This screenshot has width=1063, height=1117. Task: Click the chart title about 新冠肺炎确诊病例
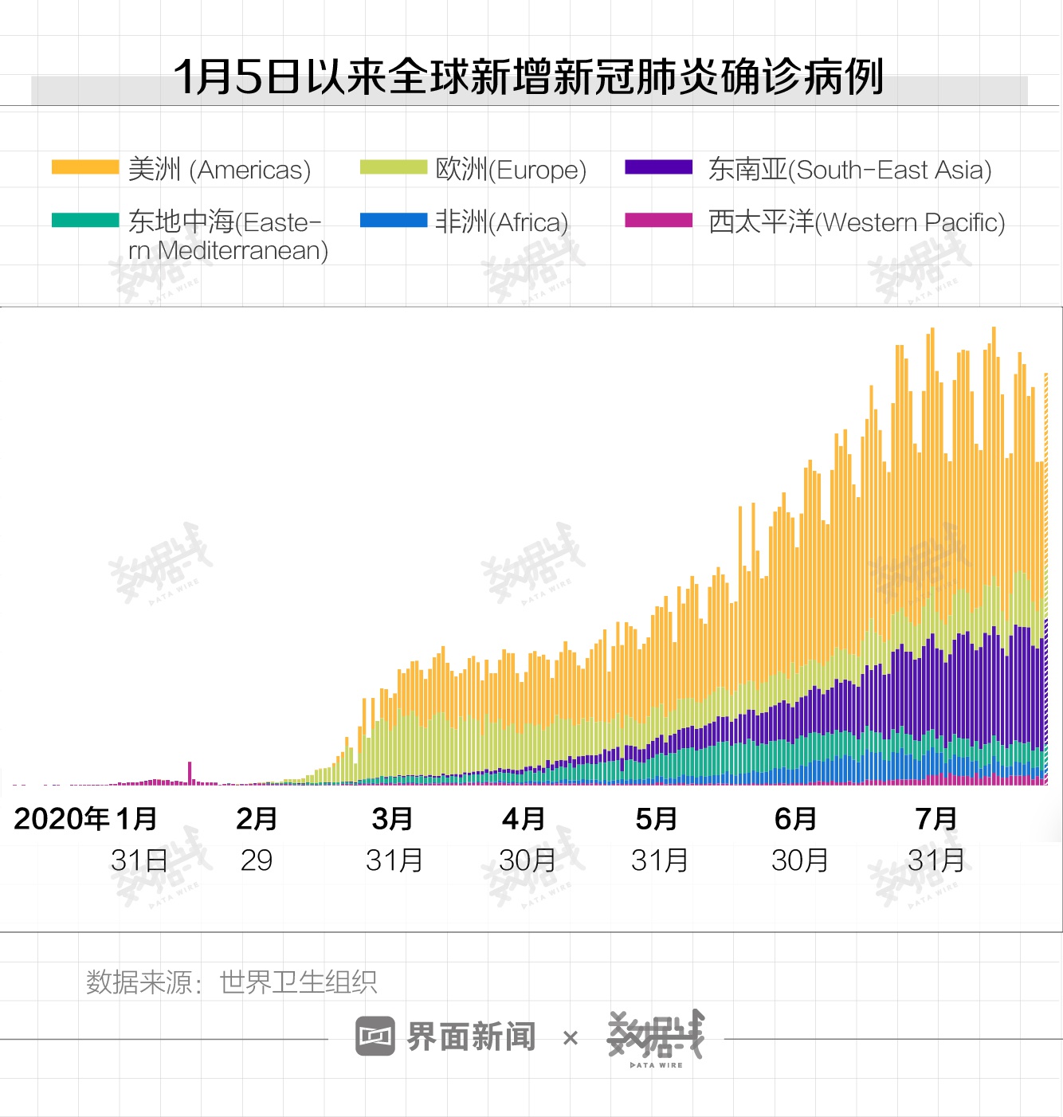point(528,77)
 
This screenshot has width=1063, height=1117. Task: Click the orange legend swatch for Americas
point(84,167)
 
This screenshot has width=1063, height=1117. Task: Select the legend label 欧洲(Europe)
point(511,170)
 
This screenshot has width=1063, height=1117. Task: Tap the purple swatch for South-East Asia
point(658,167)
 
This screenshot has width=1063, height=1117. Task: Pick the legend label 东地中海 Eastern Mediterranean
point(228,236)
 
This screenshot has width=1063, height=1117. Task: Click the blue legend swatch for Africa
point(393,221)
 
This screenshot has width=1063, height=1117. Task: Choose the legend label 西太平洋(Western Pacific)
point(857,222)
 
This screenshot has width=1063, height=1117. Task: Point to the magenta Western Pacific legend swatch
point(658,221)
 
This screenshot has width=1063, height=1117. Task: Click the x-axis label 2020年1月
point(85,819)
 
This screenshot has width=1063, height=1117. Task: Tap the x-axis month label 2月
point(257,819)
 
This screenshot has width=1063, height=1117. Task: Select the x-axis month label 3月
point(392,819)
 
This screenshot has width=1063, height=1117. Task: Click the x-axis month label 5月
point(657,819)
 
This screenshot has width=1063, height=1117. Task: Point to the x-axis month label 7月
point(936,819)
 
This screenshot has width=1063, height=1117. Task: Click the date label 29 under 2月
point(257,860)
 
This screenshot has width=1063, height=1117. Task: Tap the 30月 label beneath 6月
point(799,860)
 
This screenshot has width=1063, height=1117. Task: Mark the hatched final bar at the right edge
point(1045,582)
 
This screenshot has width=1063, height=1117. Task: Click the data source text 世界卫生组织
point(298,982)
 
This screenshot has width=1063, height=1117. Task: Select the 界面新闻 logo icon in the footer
point(375,1037)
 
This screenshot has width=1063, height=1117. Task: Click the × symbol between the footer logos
point(571,1038)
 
